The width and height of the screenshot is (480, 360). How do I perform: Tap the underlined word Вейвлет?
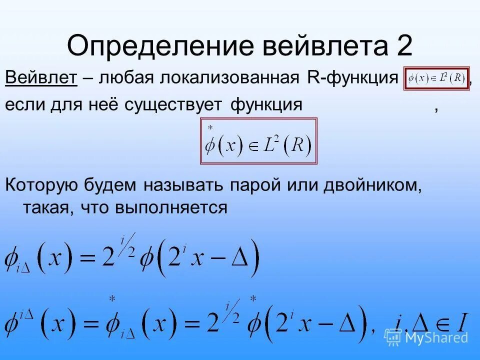tap(41, 78)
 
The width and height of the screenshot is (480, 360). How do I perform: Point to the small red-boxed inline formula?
tap(436, 78)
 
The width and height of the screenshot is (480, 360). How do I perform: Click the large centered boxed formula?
tap(258, 141)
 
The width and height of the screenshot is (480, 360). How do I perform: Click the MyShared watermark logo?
tap(426, 336)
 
